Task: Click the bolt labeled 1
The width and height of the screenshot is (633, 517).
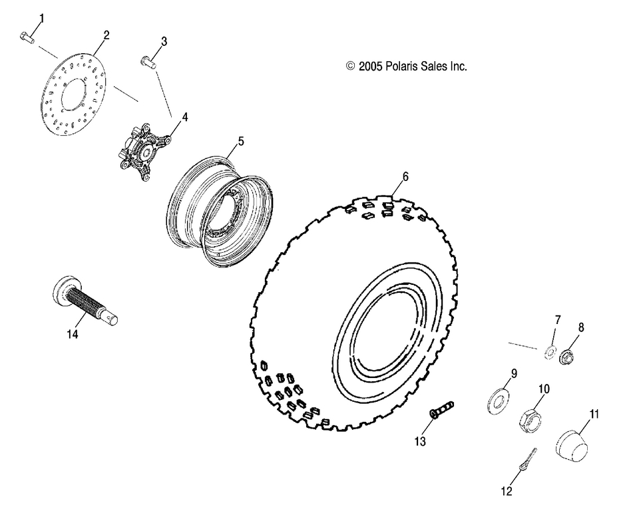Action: point(26,39)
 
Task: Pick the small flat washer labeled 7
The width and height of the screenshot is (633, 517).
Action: point(550,351)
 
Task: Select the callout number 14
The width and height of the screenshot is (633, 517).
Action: point(73,335)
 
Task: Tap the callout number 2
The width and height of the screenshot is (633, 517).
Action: point(106,34)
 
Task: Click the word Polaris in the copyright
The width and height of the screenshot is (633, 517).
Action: point(399,67)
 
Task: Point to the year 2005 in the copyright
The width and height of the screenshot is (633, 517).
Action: point(369,67)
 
